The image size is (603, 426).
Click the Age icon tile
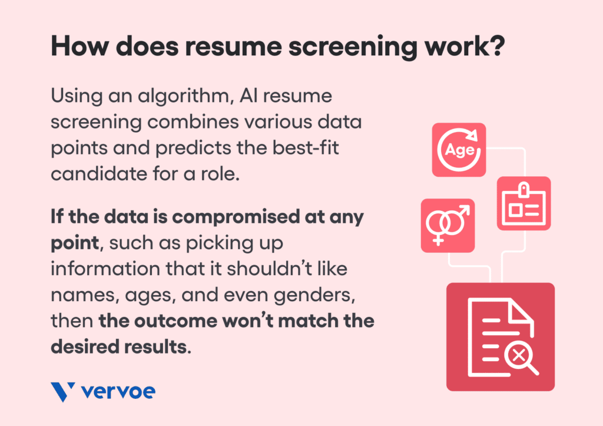(459, 150)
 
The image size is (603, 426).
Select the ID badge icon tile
(524, 203)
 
